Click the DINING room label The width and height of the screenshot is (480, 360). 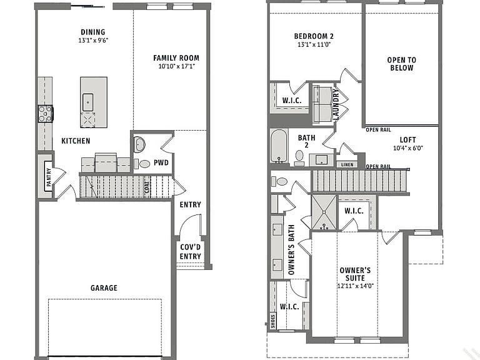tap(92, 32)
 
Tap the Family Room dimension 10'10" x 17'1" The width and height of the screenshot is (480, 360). tap(177, 66)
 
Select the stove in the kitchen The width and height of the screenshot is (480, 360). tap(45, 114)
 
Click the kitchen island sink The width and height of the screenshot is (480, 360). tap(88, 102)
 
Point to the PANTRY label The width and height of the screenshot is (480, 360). tap(49, 177)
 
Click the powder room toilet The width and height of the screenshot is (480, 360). tap(142, 164)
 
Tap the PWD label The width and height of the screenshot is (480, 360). tap(161, 162)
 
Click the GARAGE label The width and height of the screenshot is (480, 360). tap(104, 287)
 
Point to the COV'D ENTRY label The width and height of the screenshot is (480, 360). tap(190, 252)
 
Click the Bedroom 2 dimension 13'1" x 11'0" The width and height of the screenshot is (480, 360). tap(314, 44)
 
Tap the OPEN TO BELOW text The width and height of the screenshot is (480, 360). tap(402, 64)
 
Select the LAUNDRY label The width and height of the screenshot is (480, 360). tap(336, 104)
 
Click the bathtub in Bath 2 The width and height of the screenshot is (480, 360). tap(279, 146)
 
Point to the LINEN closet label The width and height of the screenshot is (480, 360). tap(347, 165)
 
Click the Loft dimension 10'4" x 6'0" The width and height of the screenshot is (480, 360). tap(408, 148)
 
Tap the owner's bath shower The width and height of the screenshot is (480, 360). tap(324, 212)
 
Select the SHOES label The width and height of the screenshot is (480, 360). tap(273, 321)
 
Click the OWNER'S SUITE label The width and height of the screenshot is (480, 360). tap(355, 274)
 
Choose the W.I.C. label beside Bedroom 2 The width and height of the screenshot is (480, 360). tap(292, 101)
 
